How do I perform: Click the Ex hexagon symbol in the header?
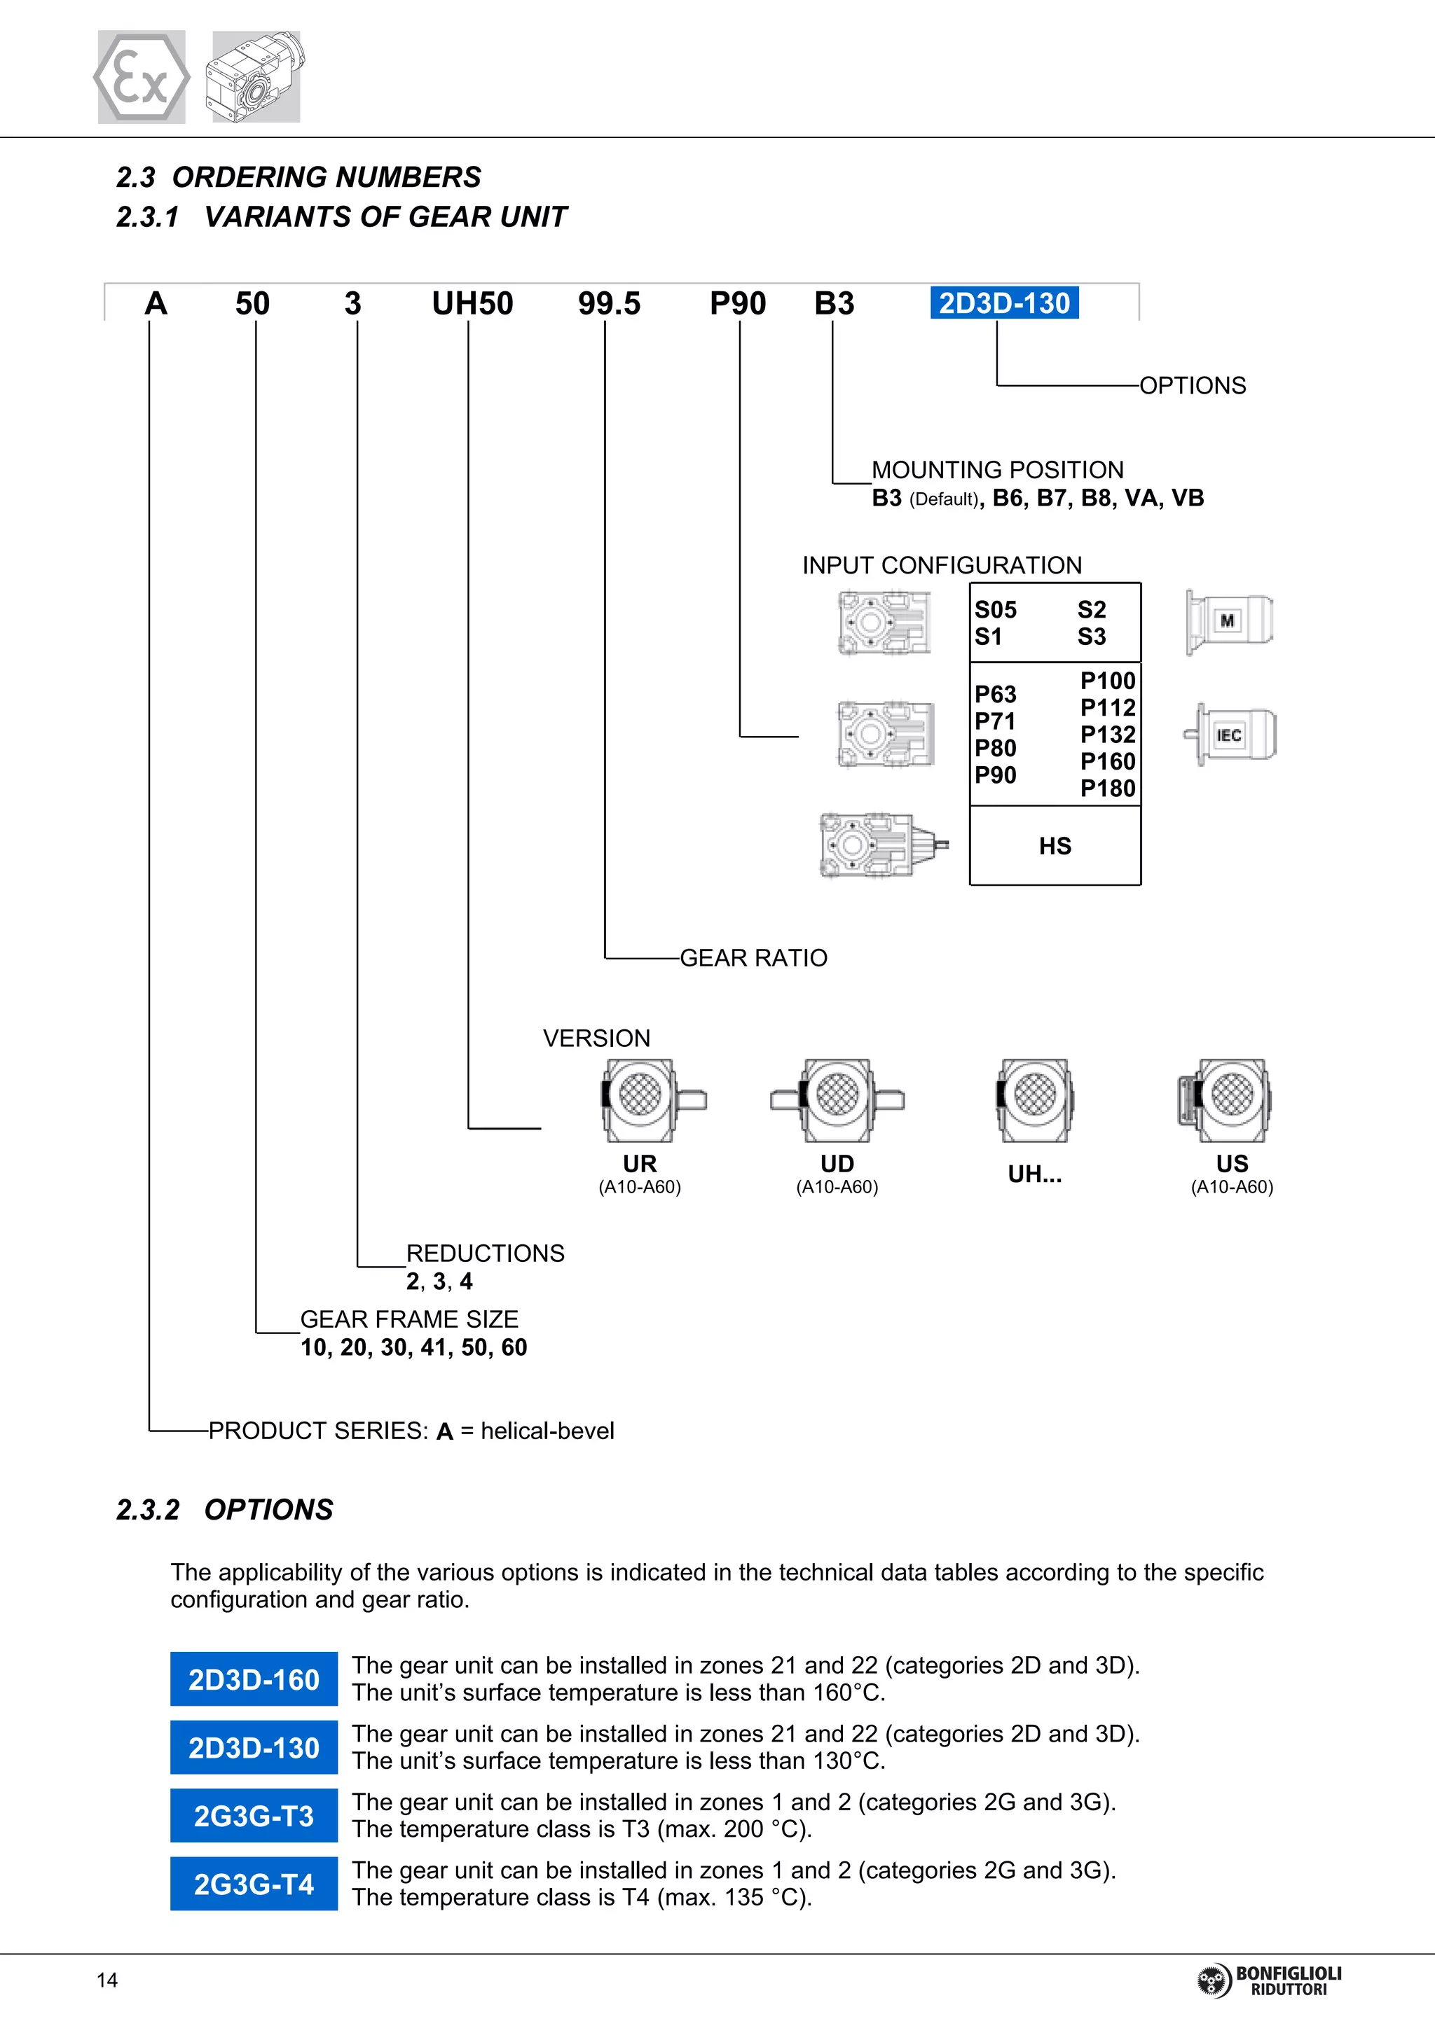142,78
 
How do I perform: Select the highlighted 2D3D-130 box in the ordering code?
1004,303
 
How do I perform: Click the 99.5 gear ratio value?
609,304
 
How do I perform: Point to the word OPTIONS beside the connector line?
1192,386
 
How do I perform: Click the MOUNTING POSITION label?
998,470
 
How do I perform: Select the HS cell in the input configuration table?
1055,846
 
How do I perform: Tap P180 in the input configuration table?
1107,788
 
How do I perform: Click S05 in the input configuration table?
995,609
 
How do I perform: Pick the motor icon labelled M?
1229,622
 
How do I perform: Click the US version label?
1232,1164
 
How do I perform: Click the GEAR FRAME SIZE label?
409,1319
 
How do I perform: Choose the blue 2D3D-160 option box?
254,1679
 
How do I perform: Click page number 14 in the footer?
107,1980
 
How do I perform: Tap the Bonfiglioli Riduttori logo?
1269,1981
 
